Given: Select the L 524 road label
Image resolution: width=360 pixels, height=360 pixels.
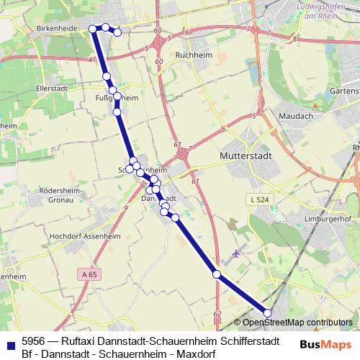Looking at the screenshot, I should click(x=261, y=197).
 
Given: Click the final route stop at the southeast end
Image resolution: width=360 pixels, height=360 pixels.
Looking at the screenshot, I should click(x=268, y=312).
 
